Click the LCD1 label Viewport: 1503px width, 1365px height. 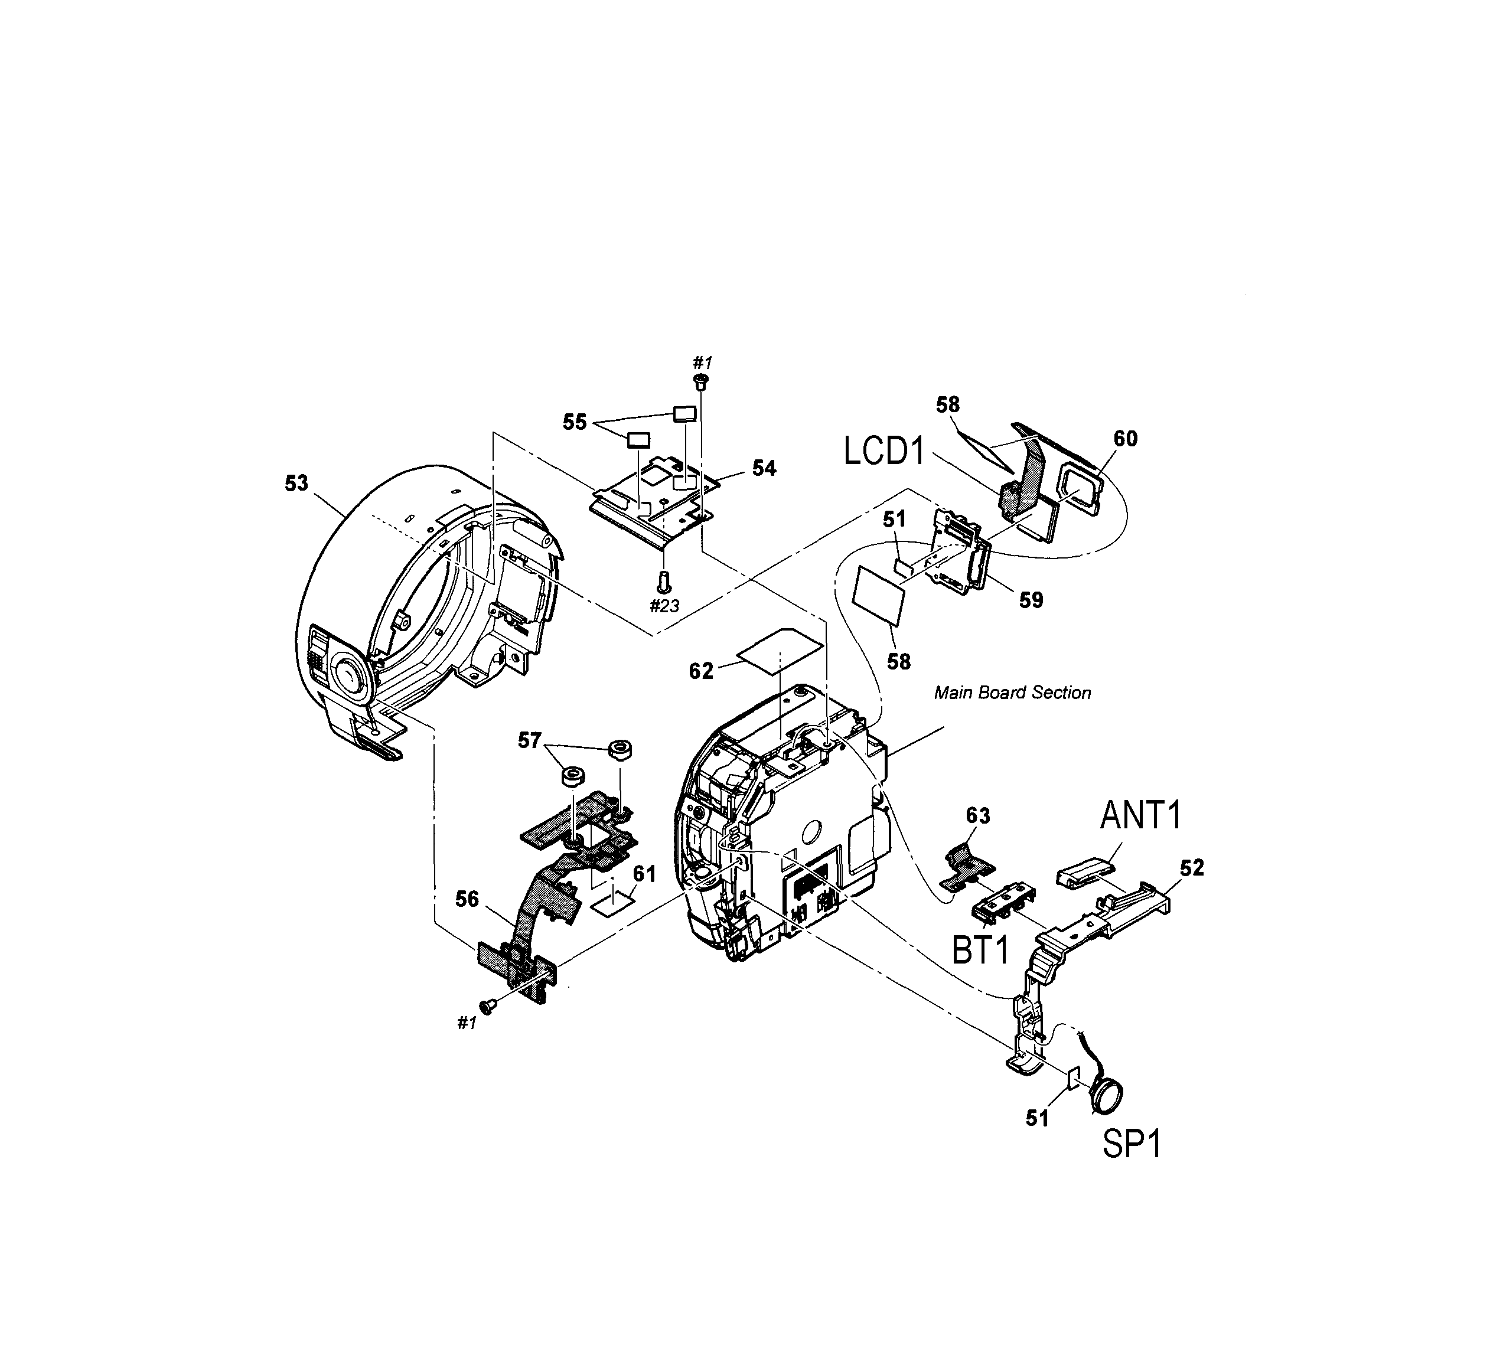(884, 452)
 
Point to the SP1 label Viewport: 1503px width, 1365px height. (1132, 1144)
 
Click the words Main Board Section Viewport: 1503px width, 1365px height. (1012, 693)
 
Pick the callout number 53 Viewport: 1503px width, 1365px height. (296, 483)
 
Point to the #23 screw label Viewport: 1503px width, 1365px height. (664, 605)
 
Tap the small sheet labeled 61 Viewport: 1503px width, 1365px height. (613, 903)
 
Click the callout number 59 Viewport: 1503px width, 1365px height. (1031, 599)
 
